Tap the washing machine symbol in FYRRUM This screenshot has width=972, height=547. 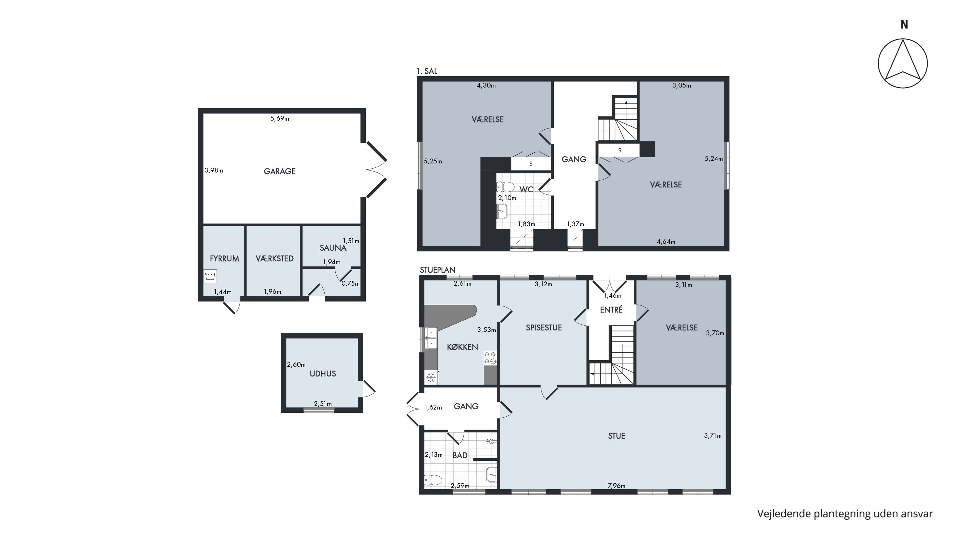(x=211, y=276)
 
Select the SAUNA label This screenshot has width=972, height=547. (x=333, y=248)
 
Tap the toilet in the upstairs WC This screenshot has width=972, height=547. (x=506, y=187)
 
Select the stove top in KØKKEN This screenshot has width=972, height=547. (x=491, y=358)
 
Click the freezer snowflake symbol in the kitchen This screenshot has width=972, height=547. (x=431, y=377)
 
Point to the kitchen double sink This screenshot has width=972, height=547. (x=431, y=338)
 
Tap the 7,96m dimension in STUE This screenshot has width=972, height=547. (x=617, y=486)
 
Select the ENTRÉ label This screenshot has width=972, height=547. (x=611, y=310)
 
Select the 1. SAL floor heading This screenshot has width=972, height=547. (x=427, y=71)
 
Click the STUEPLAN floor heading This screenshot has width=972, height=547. (x=438, y=270)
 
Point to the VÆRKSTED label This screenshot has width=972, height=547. (x=275, y=259)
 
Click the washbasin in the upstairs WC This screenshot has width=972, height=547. (x=502, y=211)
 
